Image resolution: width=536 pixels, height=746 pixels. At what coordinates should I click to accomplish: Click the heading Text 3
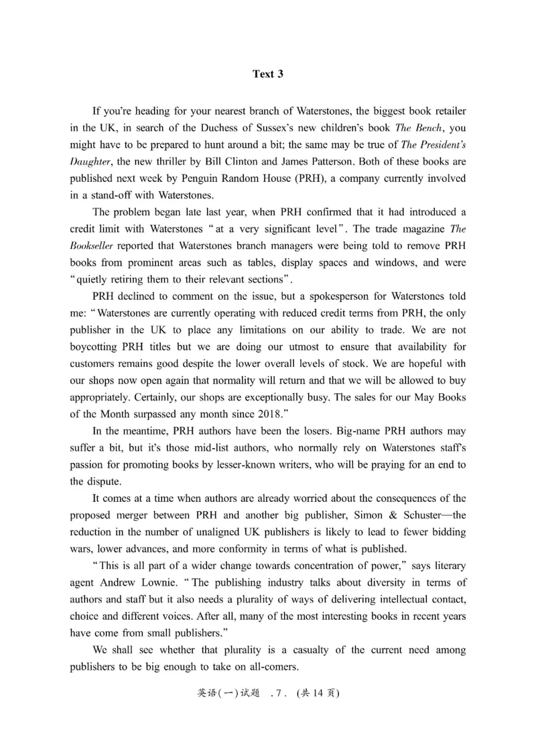pyautogui.click(x=267, y=74)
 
